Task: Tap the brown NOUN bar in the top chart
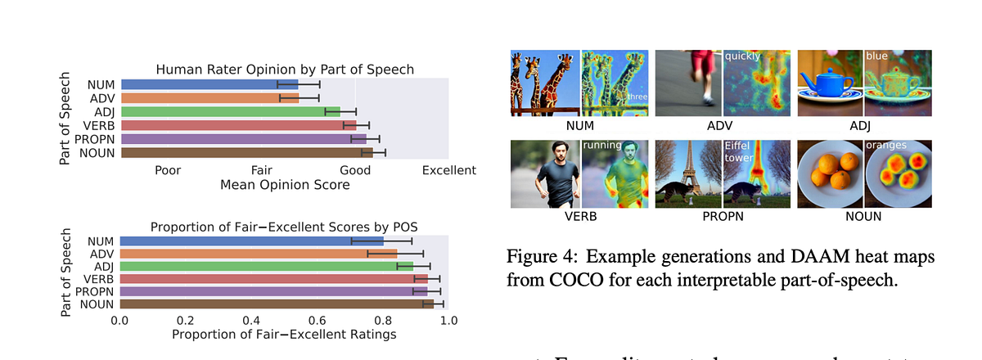click(245, 152)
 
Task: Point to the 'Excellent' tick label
click(448, 170)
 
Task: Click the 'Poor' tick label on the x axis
click(168, 170)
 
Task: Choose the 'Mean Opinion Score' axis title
click(285, 185)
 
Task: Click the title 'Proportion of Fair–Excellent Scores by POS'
click(284, 227)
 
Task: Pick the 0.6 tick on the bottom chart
click(317, 320)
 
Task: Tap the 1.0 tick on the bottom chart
click(448, 320)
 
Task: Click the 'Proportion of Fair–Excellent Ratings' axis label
click(284, 335)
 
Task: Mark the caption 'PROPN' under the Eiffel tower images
click(724, 216)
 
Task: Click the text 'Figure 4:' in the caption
click(540, 256)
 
